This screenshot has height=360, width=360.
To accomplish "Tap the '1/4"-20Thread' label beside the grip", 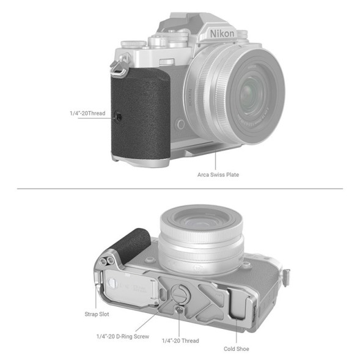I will click(x=87, y=113).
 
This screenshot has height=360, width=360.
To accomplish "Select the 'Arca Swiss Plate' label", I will click(x=218, y=175).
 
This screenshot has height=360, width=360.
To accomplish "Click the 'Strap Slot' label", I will click(x=97, y=314).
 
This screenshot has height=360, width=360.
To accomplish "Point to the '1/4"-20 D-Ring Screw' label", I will click(x=127, y=336).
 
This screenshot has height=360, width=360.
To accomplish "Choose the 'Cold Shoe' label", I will click(x=236, y=349).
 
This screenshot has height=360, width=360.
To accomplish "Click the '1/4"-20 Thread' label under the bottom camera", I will click(x=180, y=340).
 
